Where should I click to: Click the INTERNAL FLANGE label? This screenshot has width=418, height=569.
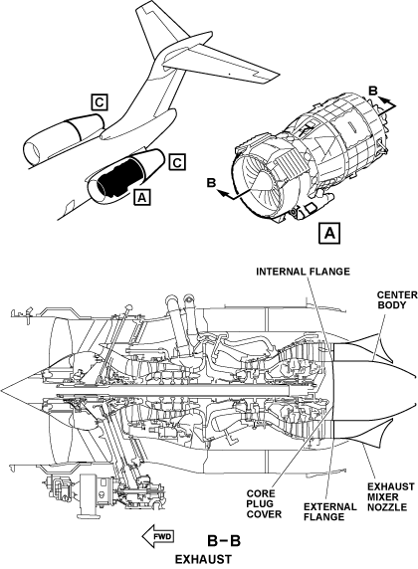pyautogui.click(x=303, y=272)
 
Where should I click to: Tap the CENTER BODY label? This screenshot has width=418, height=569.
pyautogui.click(x=397, y=299)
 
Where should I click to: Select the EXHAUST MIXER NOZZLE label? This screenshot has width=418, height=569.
pyautogui.click(x=390, y=496)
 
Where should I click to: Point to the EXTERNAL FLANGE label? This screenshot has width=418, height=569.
pyautogui.click(x=329, y=511)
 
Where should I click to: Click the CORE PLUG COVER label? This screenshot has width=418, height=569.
pyautogui.click(x=264, y=504)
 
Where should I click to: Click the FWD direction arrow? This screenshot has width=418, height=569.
pyautogui.click(x=158, y=536)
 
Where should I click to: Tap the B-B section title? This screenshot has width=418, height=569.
pyautogui.click(x=224, y=541)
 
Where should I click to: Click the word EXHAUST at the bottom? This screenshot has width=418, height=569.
pyautogui.click(x=203, y=559)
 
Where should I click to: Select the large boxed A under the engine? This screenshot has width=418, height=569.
pyautogui.click(x=329, y=233)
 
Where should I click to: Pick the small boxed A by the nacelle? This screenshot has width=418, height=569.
pyautogui.click(x=141, y=197)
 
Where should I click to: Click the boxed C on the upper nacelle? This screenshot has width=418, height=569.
pyautogui.click(x=100, y=102)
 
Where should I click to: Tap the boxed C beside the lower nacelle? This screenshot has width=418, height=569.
pyautogui.click(x=177, y=162)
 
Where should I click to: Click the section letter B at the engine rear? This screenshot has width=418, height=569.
pyautogui.click(x=373, y=91)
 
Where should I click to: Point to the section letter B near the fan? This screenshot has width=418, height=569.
pyautogui.click(x=211, y=183)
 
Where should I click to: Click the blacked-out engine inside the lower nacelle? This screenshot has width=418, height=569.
pyautogui.click(x=116, y=177)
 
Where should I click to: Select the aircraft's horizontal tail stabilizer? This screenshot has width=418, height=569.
pyautogui.click(x=222, y=66)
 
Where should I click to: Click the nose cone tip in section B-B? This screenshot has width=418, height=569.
pyautogui.click(x=1, y=390)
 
